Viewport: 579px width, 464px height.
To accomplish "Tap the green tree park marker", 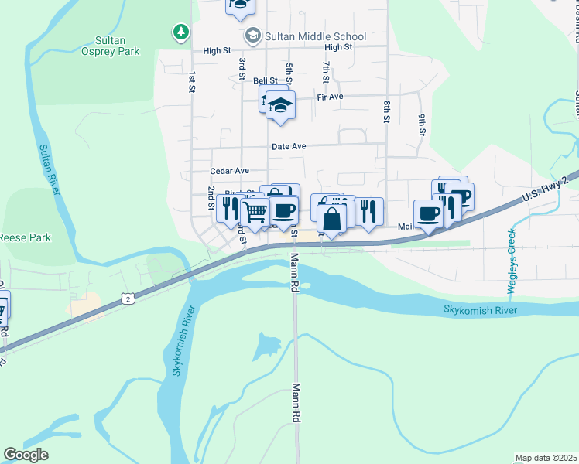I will click(180, 32).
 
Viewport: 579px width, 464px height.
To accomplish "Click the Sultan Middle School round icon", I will click(252, 36).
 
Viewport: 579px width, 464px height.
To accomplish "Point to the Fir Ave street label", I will click(330, 97).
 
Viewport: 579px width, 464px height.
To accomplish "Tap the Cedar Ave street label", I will click(230, 171).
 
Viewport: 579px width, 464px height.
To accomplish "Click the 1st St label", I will click(191, 82).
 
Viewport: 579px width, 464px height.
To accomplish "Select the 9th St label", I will click(423, 125).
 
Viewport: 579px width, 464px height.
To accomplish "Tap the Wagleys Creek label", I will click(511, 263).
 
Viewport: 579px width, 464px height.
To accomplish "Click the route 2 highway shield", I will click(128, 297).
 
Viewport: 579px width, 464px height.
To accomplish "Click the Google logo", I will click(26, 455).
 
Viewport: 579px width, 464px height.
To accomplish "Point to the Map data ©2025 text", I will click(546, 458).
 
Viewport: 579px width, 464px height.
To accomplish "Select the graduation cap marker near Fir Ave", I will click(281, 104).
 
